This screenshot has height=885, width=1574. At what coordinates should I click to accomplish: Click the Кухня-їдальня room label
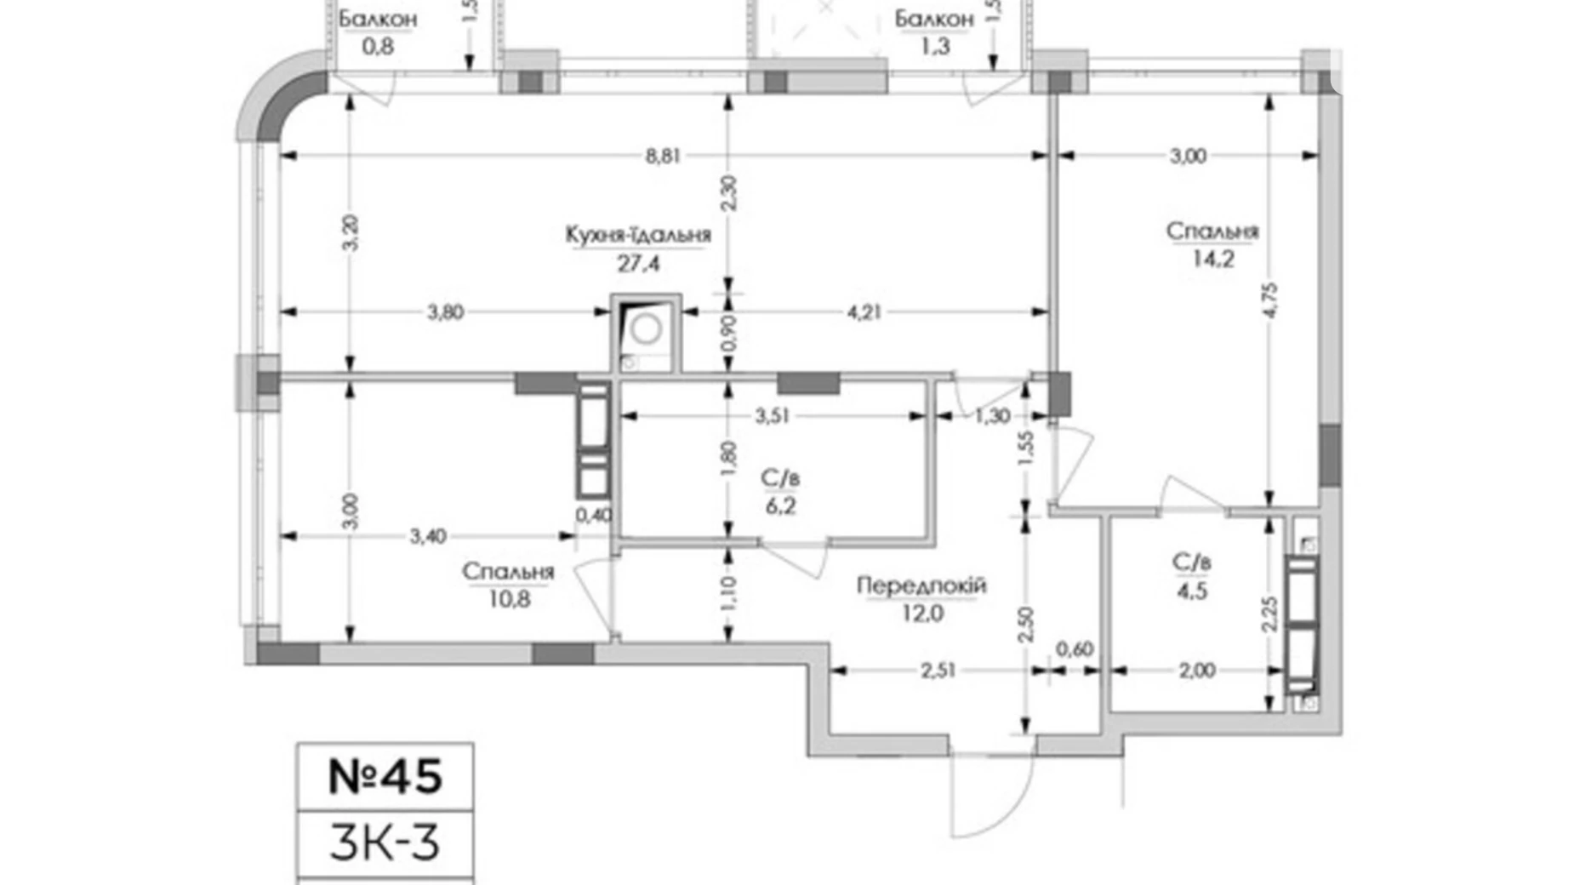coord(637,234)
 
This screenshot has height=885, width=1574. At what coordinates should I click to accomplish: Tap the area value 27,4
coord(637,263)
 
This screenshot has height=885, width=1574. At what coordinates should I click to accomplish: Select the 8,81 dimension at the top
coord(662,156)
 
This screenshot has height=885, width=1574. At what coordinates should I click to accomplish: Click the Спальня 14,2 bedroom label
coord(1212,243)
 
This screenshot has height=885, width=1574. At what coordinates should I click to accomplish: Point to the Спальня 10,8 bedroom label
coord(508,585)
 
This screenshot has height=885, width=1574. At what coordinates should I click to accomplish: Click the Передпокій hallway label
coord(921,585)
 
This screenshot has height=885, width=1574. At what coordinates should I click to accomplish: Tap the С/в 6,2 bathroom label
coord(779,492)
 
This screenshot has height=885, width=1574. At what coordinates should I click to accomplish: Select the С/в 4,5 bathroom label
coord(1191,575)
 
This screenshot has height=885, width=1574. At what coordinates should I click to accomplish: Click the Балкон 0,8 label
coord(378,31)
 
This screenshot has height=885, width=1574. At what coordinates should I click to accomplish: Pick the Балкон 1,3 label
coord(933,31)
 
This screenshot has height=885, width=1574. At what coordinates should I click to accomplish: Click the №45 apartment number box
coord(385,776)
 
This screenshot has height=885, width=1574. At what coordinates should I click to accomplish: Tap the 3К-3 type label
coord(385,842)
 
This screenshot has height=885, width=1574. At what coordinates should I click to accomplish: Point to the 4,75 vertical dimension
coord(1269,300)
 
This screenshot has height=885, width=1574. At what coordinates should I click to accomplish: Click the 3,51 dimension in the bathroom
coord(773,416)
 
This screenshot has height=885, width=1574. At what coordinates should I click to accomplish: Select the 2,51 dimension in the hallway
coord(937,671)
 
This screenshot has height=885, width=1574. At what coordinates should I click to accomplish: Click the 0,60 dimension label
coord(1074,649)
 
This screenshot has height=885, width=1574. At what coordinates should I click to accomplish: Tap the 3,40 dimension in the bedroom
coord(427,536)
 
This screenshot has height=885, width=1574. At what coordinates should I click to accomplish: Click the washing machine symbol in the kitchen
coord(646,330)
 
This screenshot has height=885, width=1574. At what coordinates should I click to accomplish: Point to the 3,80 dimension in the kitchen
coord(444,312)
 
